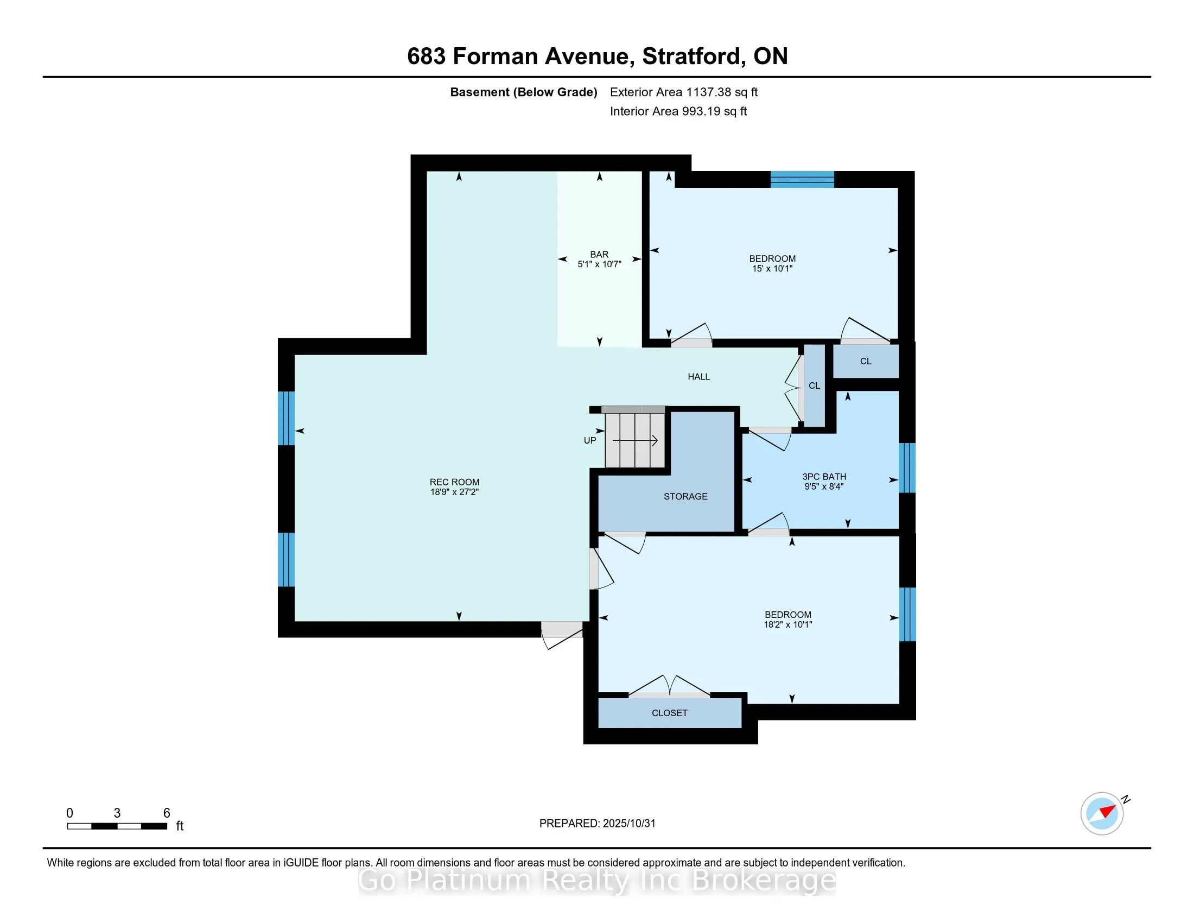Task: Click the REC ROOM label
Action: point(454,482)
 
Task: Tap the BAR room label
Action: point(599,254)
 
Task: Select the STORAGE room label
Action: point(685,496)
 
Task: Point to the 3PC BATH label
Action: point(824,477)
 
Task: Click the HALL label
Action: point(698,377)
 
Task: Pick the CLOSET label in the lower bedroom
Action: point(670,713)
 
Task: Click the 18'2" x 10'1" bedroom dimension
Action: point(788,624)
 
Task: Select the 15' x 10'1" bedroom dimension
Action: point(772,268)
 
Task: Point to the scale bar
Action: point(117,826)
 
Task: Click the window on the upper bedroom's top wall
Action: point(802,179)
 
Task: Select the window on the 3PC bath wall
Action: point(907,467)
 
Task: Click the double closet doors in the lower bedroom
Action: point(669,687)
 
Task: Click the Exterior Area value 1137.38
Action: point(708,92)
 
